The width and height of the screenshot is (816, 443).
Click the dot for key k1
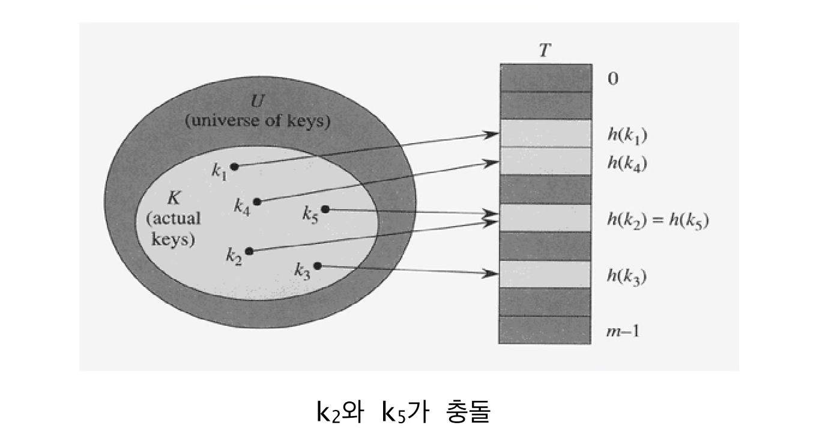pos(235,167)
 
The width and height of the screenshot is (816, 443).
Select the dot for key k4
pos(257,201)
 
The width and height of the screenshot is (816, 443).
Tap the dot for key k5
pos(325,209)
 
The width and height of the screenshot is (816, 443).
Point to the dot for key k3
pos(318,266)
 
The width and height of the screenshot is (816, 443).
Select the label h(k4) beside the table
pos(627,163)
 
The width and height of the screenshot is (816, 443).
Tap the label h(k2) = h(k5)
pos(658,221)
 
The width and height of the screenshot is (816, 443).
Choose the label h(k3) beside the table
pos(627,276)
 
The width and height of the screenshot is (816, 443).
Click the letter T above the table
pos(544,50)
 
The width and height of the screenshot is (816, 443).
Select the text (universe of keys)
pos(257,121)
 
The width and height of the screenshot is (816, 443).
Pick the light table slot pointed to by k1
pos(545,133)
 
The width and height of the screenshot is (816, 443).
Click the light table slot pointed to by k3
pos(545,274)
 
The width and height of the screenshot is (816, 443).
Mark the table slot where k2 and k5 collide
pos(545,218)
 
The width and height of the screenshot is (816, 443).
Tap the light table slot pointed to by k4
pos(545,161)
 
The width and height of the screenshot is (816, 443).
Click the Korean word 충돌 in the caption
pos(469,413)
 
